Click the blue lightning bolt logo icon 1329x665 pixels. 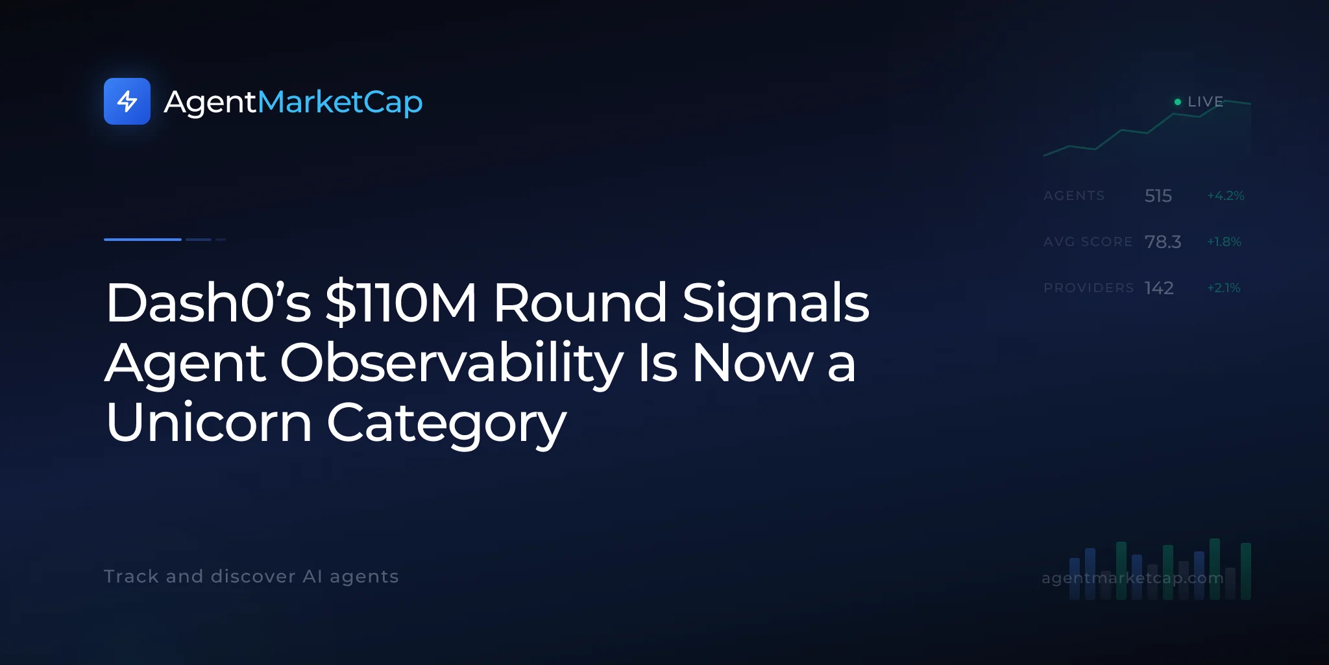(x=127, y=101)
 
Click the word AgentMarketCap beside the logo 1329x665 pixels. (x=293, y=103)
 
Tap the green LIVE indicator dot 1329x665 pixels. (x=1178, y=102)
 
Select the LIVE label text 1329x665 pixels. (x=1205, y=102)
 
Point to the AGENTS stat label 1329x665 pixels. (x=1074, y=195)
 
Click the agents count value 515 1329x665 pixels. (x=1158, y=195)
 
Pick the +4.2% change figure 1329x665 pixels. (x=1225, y=195)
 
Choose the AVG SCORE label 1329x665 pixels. (x=1088, y=242)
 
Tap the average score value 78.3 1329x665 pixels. (x=1163, y=242)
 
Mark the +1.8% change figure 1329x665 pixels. (x=1224, y=242)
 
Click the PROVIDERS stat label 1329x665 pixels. (x=1089, y=288)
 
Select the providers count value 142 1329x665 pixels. (x=1159, y=288)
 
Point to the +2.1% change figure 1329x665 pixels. (x=1223, y=288)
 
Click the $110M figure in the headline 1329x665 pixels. (x=401, y=303)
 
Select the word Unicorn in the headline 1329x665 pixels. (x=209, y=422)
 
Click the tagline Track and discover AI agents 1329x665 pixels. (x=251, y=577)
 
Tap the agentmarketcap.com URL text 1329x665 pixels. (x=1132, y=578)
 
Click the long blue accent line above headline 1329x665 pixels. (x=143, y=240)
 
